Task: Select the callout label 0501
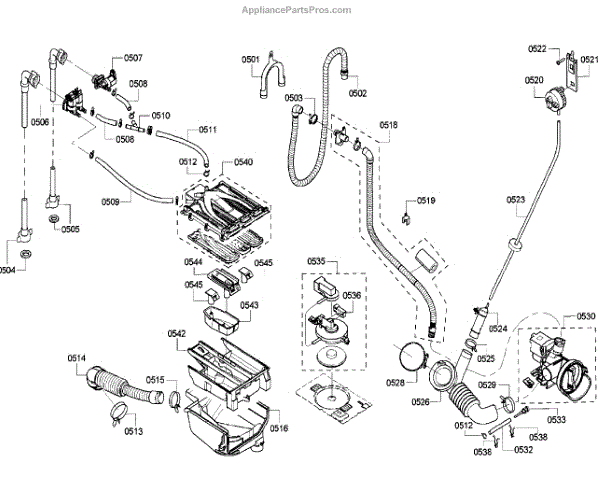(250, 60)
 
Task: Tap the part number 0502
(358, 93)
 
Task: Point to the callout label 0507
(133, 57)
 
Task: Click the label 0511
(208, 130)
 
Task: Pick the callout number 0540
(243, 162)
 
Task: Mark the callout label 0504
(9, 270)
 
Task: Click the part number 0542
(176, 334)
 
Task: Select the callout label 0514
(77, 358)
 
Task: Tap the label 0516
(278, 428)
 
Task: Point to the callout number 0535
(317, 261)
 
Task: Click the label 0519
(427, 201)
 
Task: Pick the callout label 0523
(516, 200)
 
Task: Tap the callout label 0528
(396, 383)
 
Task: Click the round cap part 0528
(408, 355)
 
